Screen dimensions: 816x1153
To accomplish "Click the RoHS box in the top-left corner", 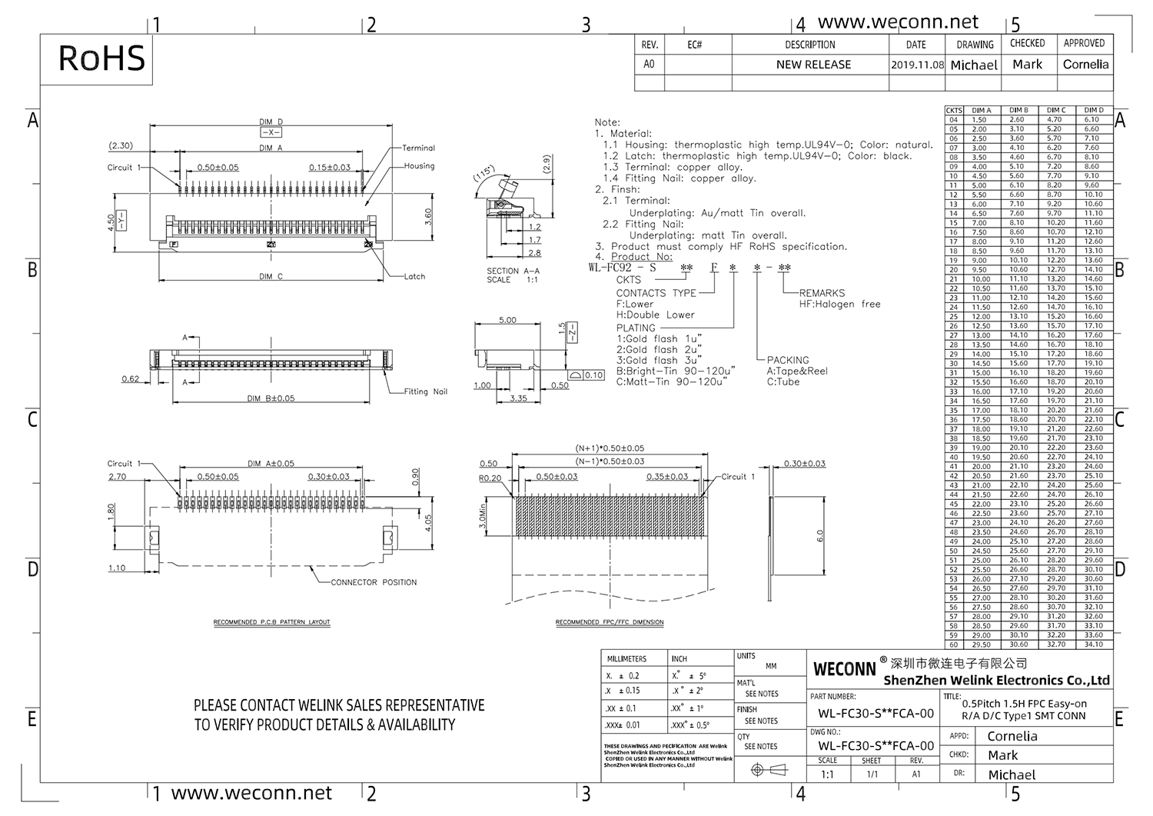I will [x=101, y=58].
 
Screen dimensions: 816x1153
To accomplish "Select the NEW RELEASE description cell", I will [x=813, y=65].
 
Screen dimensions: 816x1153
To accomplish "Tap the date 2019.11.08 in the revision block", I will [x=917, y=65].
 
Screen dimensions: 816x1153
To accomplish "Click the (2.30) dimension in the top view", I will [x=121, y=145].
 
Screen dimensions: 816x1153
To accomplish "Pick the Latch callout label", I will [x=414, y=276].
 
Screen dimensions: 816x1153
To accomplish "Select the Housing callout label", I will [x=419, y=165].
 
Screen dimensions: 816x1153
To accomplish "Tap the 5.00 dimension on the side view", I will [x=507, y=320].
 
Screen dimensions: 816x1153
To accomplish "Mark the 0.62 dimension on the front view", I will [x=131, y=378].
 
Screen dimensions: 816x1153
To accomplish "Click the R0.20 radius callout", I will [x=490, y=478].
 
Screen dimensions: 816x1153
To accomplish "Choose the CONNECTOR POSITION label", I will [x=374, y=582].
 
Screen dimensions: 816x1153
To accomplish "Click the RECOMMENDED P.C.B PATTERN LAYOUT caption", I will [x=271, y=622].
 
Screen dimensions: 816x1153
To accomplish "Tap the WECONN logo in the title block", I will [x=844, y=669].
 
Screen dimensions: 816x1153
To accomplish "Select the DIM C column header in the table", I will [x=1056, y=111].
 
